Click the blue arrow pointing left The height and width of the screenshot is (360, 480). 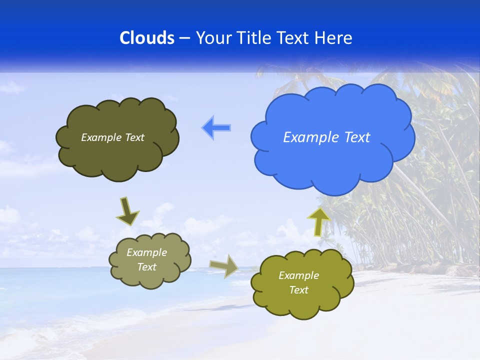click(x=216, y=128)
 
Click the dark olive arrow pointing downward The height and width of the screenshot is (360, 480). click(x=127, y=211)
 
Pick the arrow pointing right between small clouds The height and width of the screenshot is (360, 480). click(x=224, y=266)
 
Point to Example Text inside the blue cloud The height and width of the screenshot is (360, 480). click(x=326, y=137)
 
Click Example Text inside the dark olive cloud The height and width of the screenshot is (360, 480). click(x=112, y=137)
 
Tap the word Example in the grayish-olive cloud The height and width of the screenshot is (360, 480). click(x=146, y=252)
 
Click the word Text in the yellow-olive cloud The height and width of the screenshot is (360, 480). click(x=298, y=290)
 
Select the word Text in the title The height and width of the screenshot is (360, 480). click(x=293, y=37)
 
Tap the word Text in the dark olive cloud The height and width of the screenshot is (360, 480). click(x=134, y=137)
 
